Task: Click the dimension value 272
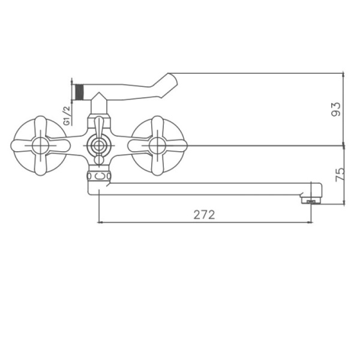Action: click(x=204, y=215)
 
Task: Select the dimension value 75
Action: click(x=340, y=174)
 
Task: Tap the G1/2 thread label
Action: click(x=67, y=115)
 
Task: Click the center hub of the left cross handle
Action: click(x=40, y=145)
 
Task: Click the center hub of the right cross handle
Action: click(x=158, y=145)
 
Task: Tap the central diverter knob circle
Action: click(x=98, y=145)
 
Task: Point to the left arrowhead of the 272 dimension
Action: click(x=100, y=223)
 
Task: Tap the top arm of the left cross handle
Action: click(x=40, y=125)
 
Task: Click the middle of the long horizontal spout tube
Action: click(x=204, y=188)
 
